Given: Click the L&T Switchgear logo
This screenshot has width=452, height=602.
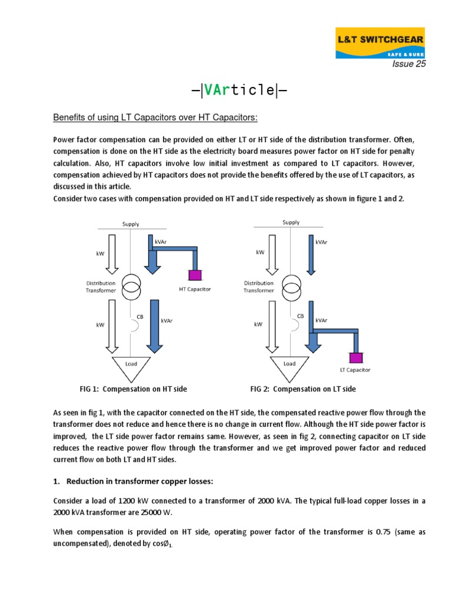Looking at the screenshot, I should tap(380, 43).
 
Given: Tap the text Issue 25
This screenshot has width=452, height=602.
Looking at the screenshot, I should tap(409, 65).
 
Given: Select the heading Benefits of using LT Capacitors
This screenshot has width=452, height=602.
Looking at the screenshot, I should tap(155, 118).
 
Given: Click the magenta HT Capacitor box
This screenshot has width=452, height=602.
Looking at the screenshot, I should tap(194, 275).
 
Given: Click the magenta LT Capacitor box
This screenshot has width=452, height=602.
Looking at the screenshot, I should tap(355, 357).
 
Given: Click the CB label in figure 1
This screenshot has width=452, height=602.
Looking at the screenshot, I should tap(140, 316).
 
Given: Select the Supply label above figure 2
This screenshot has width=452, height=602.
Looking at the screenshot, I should tap(291, 223).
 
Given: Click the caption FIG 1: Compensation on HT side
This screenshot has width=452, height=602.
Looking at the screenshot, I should tap(133, 389).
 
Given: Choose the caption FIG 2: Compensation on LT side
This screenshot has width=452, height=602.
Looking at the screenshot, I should tap(303, 389).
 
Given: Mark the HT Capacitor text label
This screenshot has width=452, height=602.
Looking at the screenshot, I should tap(194, 289).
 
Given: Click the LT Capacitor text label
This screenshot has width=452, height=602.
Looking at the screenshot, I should tap(355, 370).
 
